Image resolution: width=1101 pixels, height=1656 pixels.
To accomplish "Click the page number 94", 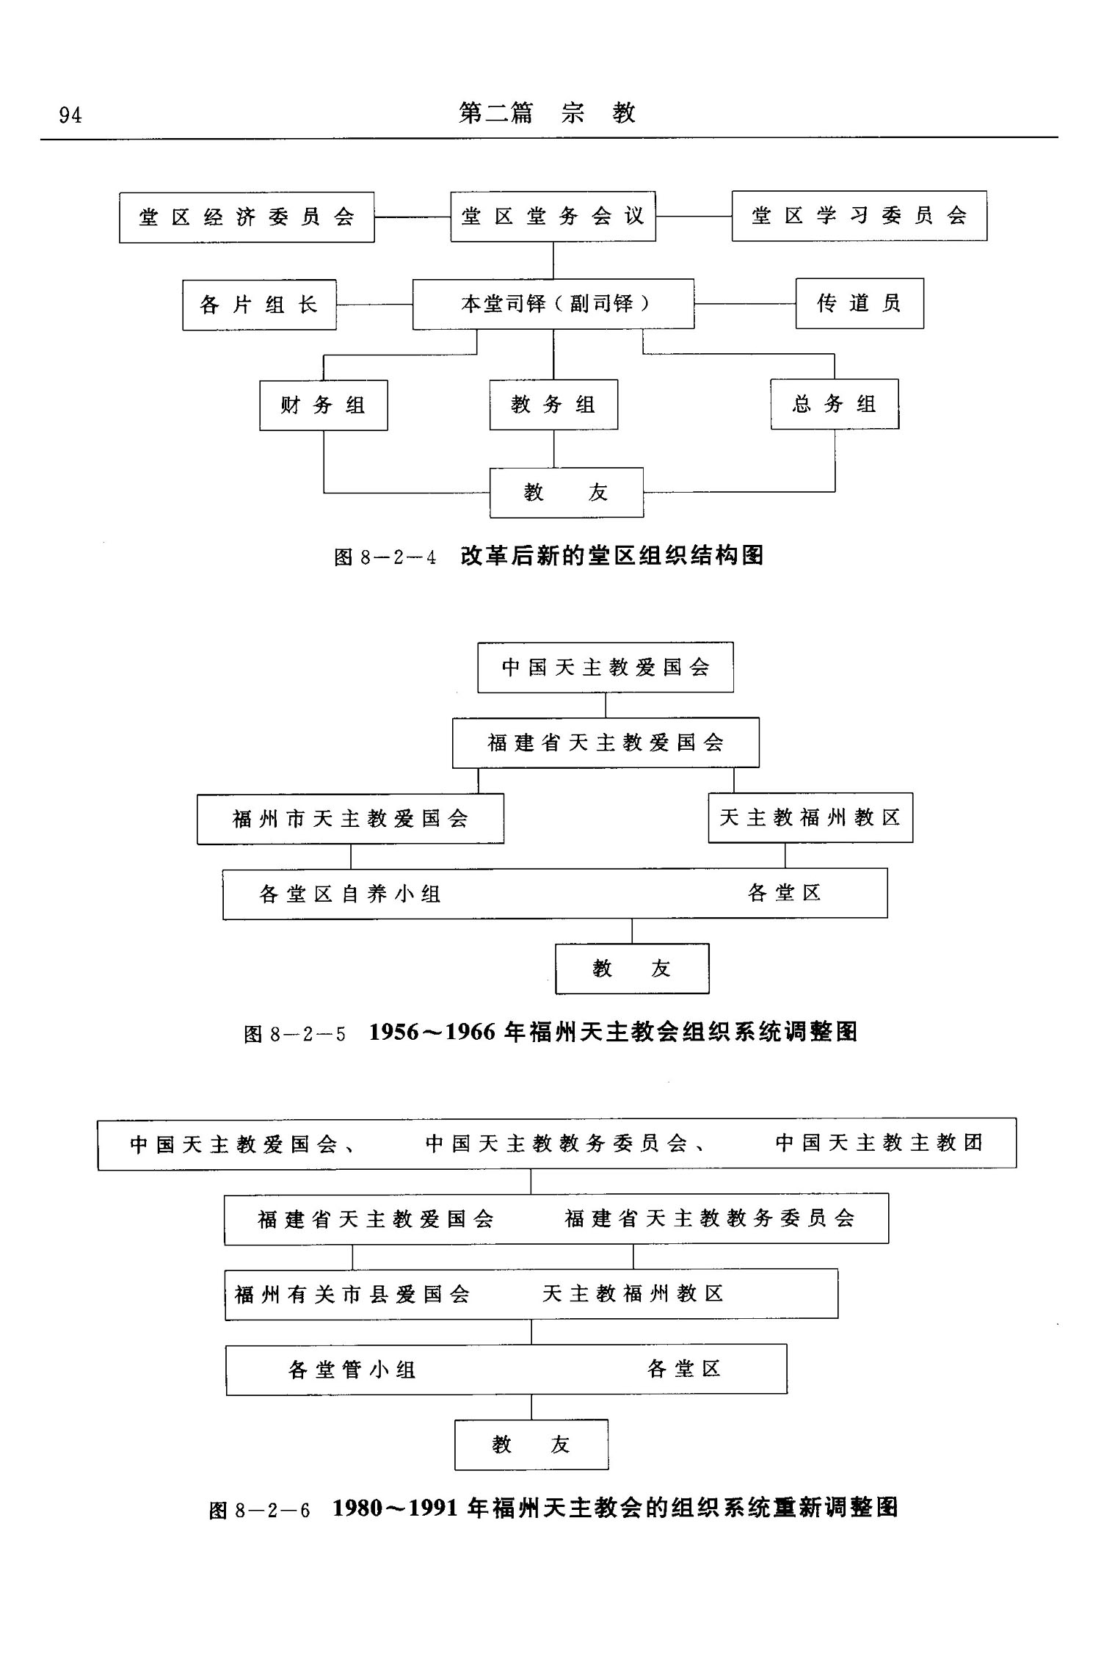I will [70, 115].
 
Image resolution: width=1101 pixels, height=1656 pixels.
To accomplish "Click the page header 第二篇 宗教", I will [547, 113].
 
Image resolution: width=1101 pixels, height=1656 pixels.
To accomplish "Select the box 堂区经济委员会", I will [247, 217].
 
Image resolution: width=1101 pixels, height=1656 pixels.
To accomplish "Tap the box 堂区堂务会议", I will [553, 217].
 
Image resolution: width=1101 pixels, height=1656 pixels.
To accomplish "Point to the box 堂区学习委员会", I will [859, 216].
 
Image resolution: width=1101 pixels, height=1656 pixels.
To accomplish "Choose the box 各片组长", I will [259, 305].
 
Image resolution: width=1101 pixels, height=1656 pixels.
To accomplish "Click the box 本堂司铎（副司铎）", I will [553, 304].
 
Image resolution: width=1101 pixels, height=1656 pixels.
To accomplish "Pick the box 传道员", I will [860, 303].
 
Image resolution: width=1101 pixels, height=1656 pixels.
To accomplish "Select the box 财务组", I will [323, 405].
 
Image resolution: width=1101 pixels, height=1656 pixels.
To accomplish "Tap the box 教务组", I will [553, 405].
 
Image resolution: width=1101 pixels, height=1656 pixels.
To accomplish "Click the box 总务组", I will [835, 404].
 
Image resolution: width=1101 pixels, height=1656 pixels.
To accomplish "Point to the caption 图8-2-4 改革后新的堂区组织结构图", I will [548, 556].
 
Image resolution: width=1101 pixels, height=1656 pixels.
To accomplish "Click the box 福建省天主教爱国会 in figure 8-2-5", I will [606, 743].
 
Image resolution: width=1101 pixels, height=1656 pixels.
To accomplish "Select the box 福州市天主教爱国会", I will [350, 819].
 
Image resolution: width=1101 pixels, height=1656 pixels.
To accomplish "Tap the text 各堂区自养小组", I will [350, 894].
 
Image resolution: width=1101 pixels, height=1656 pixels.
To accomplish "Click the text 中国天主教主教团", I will [879, 1143].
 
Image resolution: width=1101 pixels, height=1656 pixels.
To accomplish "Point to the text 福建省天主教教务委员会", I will [710, 1218].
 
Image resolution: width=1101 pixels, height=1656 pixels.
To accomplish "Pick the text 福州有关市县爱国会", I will [352, 1294].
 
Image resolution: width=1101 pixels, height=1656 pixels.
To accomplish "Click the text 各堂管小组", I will [352, 1370].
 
